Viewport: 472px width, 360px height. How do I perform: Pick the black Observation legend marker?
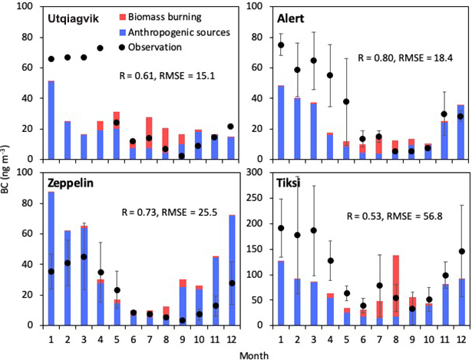[x=125, y=47]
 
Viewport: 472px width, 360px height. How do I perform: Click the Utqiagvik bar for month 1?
[x=51, y=120]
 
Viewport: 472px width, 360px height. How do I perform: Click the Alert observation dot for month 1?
[x=281, y=45]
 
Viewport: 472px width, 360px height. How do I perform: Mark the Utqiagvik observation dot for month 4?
[x=100, y=48]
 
